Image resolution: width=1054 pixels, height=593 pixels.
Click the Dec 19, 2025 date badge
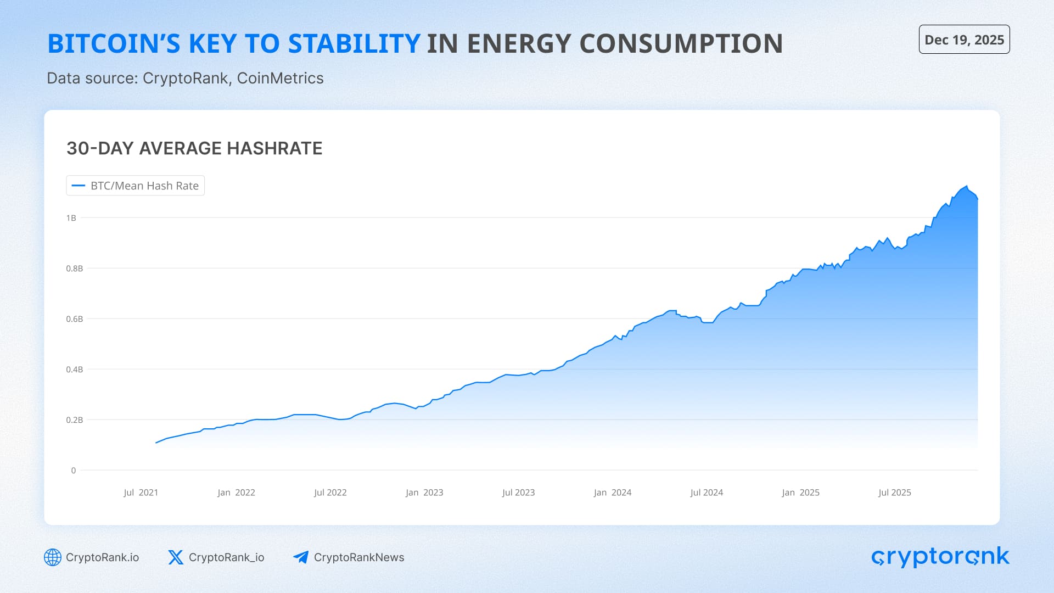(x=964, y=40)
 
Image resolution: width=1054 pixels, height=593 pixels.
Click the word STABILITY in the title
(x=354, y=44)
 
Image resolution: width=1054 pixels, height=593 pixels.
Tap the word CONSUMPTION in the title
(x=681, y=44)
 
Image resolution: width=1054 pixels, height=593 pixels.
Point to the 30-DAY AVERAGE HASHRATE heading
(x=194, y=148)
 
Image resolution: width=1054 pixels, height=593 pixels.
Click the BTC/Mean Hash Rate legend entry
(x=136, y=186)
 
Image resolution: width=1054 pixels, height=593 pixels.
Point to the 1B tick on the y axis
(x=71, y=218)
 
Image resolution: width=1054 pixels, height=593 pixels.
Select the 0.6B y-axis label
(x=74, y=319)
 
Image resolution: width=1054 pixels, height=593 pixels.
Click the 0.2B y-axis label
(x=74, y=420)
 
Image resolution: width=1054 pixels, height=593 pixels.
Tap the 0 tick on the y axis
(x=74, y=471)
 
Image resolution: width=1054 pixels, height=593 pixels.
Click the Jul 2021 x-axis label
(x=141, y=493)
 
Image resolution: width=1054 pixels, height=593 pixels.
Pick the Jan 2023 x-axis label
(x=424, y=493)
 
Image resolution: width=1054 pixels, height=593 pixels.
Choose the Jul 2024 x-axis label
(x=706, y=493)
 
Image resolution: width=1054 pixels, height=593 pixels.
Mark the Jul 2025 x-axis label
(x=894, y=493)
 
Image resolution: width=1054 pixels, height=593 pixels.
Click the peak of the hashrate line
(x=967, y=186)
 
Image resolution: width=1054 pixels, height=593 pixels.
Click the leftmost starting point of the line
(x=156, y=443)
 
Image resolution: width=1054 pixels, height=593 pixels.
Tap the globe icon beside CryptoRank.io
(x=53, y=557)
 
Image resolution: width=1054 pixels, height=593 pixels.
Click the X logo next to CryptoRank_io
(x=176, y=557)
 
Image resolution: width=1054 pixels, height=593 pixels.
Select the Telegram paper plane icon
(x=301, y=557)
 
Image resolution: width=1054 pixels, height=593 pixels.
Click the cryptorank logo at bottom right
(x=940, y=557)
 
